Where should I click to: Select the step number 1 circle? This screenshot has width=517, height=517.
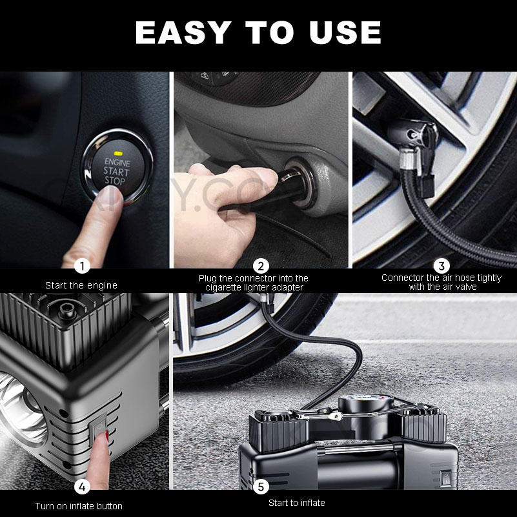tap(81, 266)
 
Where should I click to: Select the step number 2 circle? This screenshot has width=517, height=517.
tap(261, 266)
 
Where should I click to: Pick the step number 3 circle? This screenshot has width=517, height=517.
tap(441, 266)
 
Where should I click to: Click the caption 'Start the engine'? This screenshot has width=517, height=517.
tap(81, 285)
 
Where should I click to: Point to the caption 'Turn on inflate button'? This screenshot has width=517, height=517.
tap(79, 506)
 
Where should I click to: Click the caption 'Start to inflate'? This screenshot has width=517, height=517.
tap(297, 503)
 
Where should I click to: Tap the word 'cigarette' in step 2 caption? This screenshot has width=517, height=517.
tap(226, 287)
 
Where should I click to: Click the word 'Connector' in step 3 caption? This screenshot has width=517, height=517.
tap(401, 278)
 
